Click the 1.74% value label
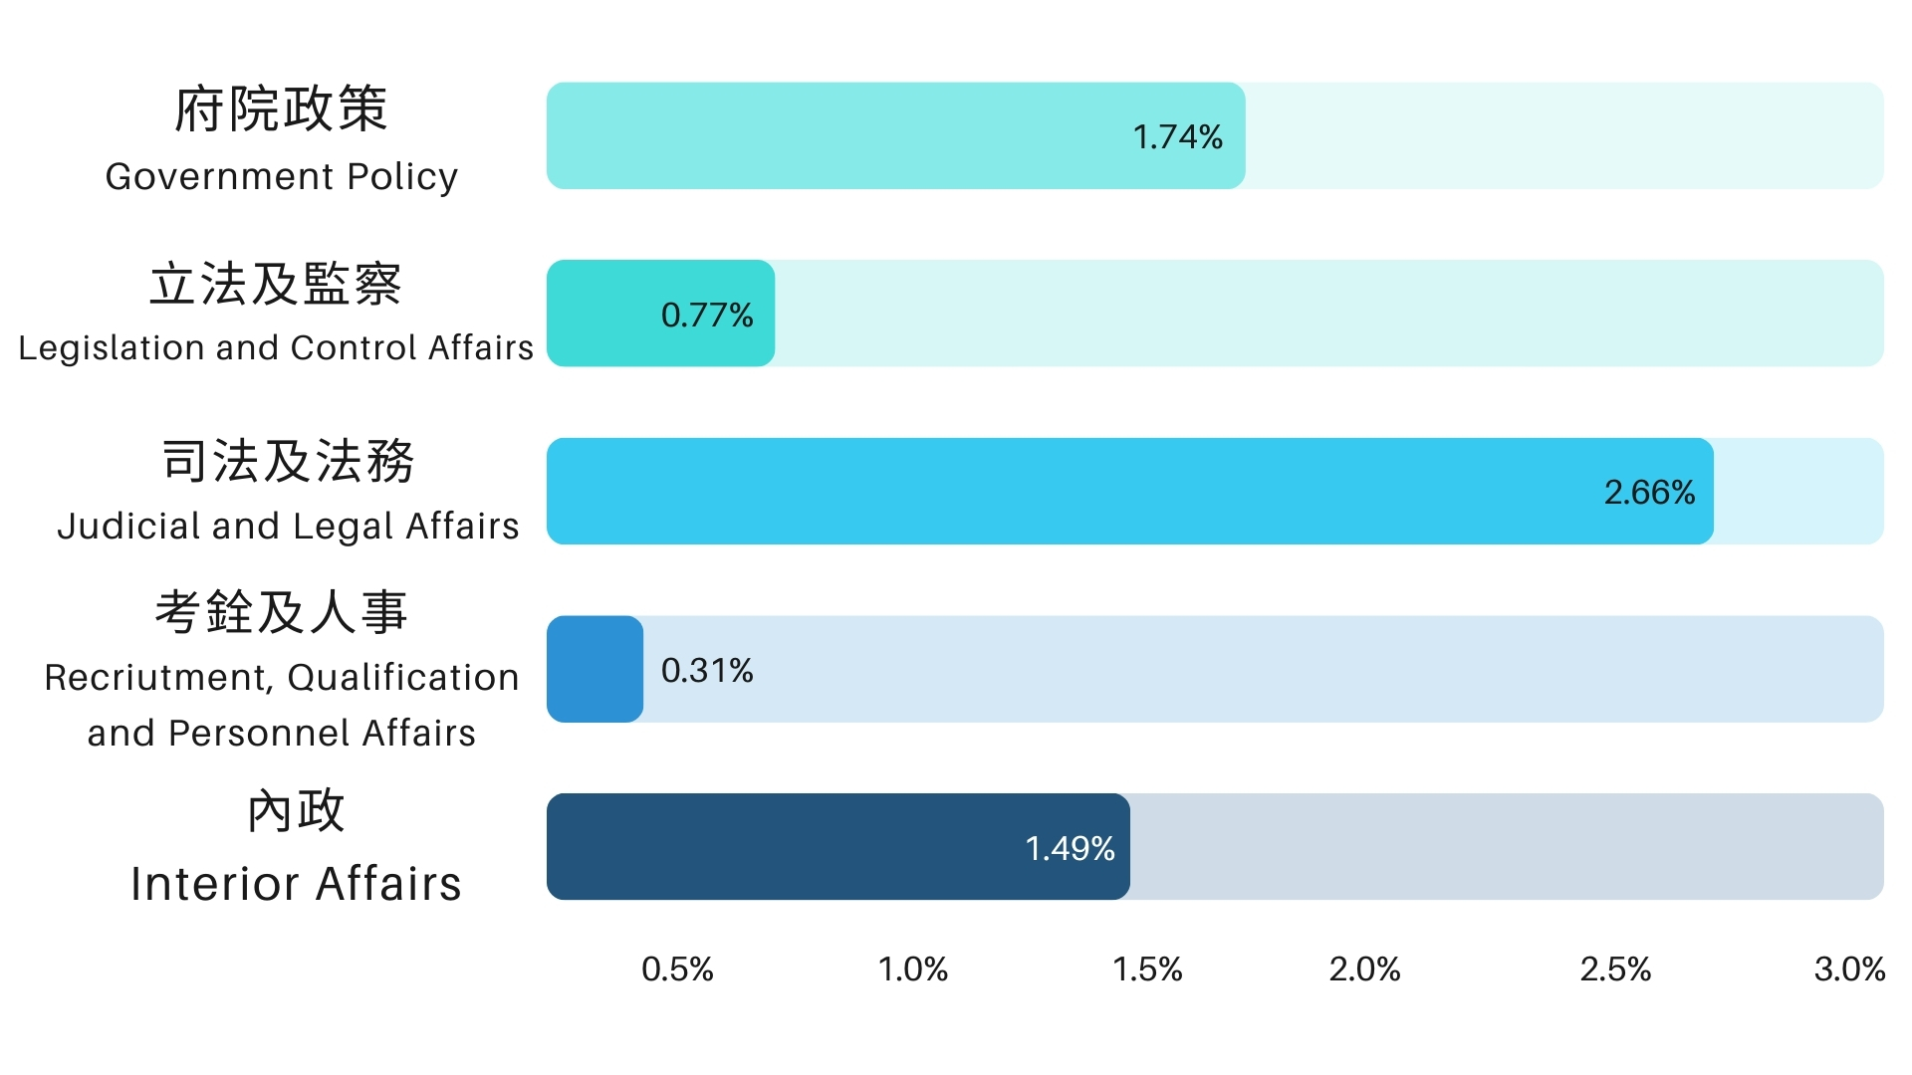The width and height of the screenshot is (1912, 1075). click(1177, 136)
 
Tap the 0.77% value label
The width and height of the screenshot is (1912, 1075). click(707, 315)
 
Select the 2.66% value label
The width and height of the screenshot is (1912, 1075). click(1649, 492)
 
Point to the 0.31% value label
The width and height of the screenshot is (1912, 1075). click(707, 670)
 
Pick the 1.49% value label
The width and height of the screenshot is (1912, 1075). click(1070, 848)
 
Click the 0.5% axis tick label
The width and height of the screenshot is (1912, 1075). click(677, 968)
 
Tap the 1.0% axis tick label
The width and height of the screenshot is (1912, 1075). click(912, 968)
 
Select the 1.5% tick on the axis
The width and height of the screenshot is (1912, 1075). click(1147, 968)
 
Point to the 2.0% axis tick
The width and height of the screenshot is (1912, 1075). click(1364, 968)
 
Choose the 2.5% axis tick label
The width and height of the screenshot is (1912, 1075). click(1615, 968)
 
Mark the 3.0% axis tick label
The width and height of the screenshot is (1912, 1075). click(1849, 968)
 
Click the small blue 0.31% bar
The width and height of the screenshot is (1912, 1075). click(595, 669)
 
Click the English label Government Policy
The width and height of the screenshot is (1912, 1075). click(282, 176)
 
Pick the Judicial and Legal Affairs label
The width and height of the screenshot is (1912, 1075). click(288, 526)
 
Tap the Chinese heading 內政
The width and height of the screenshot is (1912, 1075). click(296, 810)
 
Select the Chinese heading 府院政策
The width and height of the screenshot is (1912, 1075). click(281, 108)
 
